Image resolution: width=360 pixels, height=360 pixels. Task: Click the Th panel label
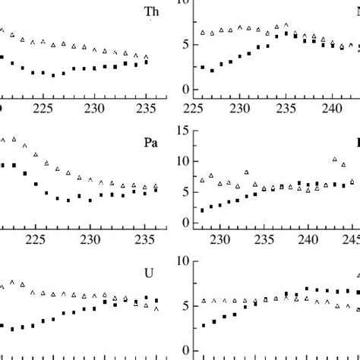click(151, 11)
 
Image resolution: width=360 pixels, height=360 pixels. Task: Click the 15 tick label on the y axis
click(182, 131)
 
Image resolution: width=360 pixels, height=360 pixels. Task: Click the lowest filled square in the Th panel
click(54, 75)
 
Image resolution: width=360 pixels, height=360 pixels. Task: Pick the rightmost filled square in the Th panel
click(146, 62)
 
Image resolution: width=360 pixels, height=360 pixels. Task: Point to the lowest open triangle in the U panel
click(156, 308)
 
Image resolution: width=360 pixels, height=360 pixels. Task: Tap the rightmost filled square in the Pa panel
click(156, 190)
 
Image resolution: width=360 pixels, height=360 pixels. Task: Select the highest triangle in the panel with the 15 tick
click(335, 159)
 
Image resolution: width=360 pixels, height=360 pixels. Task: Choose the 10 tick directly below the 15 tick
click(182, 162)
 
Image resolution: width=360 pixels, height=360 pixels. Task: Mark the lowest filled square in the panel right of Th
click(212, 71)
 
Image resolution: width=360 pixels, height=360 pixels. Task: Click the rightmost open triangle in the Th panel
click(146, 57)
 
